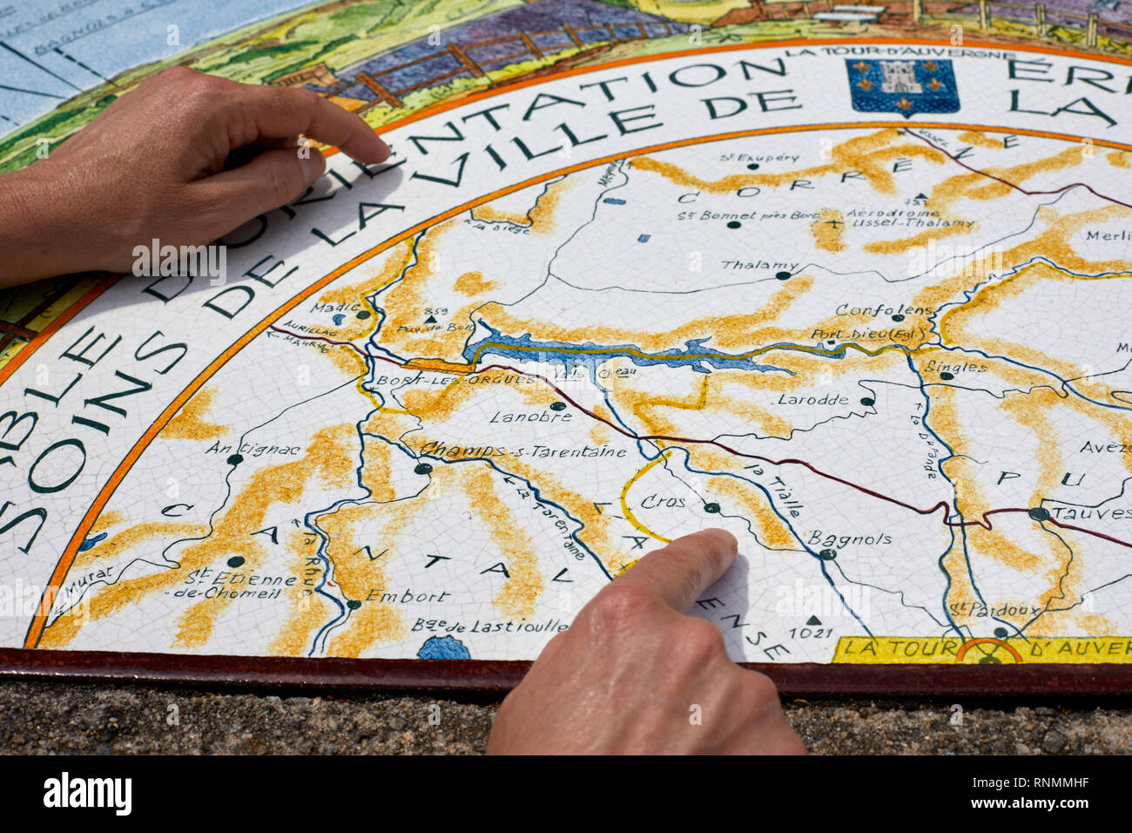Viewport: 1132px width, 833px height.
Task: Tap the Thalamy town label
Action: pos(747,265)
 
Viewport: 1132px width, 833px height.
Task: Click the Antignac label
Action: pos(253,450)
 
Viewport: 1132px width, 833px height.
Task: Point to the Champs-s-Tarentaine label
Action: pos(523,451)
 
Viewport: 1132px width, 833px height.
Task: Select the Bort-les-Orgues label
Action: pos(456,381)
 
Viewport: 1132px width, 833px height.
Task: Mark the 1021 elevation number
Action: pos(811,632)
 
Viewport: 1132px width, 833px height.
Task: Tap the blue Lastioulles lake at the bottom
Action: pos(443,648)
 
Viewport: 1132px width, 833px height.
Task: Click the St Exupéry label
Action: pos(759,158)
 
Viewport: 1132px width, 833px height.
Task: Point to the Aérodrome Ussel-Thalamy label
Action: pos(899,218)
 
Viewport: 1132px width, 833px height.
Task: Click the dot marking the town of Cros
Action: pos(711,507)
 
